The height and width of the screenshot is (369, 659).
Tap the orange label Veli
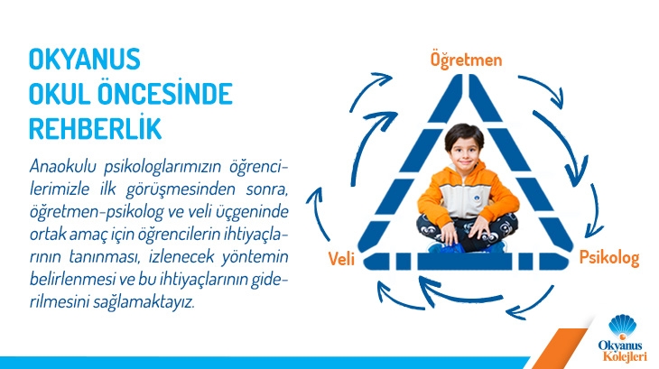(x=341, y=259)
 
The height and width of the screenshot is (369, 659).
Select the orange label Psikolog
(x=609, y=258)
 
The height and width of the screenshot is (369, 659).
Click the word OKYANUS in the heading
(x=85, y=60)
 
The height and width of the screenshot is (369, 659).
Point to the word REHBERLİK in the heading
(x=95, y=128)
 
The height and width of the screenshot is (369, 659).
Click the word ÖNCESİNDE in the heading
(x=165, y=94)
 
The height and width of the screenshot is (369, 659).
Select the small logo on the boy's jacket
(x=478, y=198)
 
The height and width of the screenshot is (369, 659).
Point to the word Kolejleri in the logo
(x=625, y=357)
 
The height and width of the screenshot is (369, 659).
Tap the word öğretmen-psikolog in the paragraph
(x=97, y=212)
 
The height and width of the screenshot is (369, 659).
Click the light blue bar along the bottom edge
(x=265, y=363)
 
